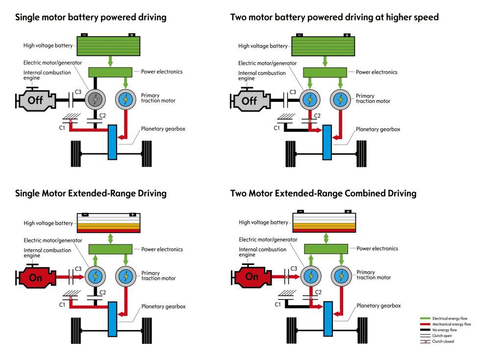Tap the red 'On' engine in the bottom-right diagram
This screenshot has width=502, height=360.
(x=251, y=277)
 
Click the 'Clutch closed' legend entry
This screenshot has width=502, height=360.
(x=443, y=341)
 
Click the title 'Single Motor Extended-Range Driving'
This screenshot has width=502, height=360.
(x=91, y=193)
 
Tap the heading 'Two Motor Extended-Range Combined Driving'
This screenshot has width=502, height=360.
(x=323, y=193)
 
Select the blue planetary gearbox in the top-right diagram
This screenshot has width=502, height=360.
(x=327, y=142)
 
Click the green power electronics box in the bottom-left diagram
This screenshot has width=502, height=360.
(x=110, y=249)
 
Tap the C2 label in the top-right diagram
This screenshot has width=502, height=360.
(x=317, y=116)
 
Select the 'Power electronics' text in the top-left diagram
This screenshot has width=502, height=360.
(x=162, y=72)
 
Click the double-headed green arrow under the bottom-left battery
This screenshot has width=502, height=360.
(x=110, y=238)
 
